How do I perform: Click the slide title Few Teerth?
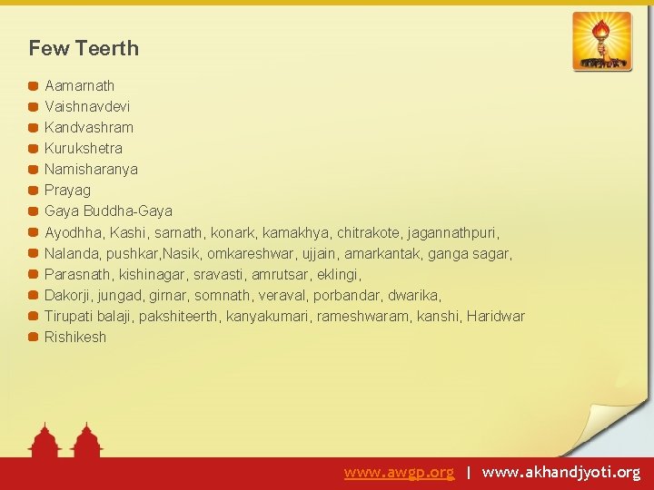tap(84, 48)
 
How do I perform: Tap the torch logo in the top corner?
tap(601, 41)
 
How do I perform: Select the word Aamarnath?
tap(80, 85)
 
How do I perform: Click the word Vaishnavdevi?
tap(87, 106)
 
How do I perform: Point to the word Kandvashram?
tap(89, 127)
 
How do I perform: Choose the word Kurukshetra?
tap(84, 148)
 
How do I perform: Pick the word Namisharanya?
tap(91, 169)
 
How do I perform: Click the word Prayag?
tap(68, 190)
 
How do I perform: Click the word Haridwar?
tap(496, 316)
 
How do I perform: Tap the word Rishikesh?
tap(75, 337)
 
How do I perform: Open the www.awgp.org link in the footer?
tap(399, 473)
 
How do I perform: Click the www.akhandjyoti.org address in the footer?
tap(561, 473)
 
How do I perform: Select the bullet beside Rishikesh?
tap(33, 337)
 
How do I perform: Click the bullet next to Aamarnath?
tap(33, 85)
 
